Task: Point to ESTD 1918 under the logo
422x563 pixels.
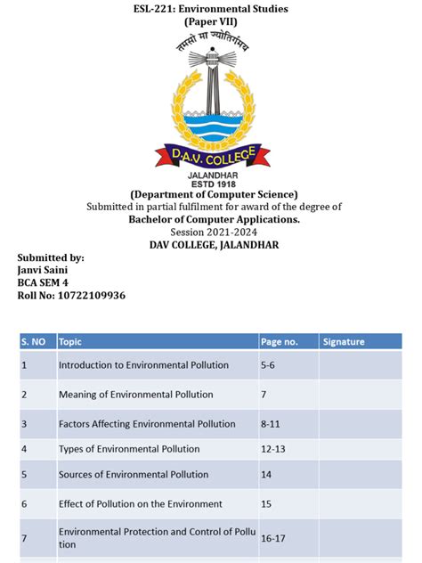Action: tap(210, 184)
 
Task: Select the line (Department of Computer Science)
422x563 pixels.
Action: tap(210, 195)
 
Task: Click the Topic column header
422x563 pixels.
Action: tap(70, 341)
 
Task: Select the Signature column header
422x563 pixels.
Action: tap(344, 341)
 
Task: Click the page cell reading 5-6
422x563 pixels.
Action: tap(269, 364)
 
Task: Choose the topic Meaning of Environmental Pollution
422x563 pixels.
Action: tap(139, 394)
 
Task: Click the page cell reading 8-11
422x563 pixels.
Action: tap(271, 424)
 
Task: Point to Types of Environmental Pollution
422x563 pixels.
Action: tap(129, 449)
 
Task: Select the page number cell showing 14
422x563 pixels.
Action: tap(266, 474)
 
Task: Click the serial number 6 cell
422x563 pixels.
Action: tap(24, 504)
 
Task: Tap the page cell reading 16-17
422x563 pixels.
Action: tap(274, 539)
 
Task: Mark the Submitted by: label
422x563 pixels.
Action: tap(52, 257)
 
